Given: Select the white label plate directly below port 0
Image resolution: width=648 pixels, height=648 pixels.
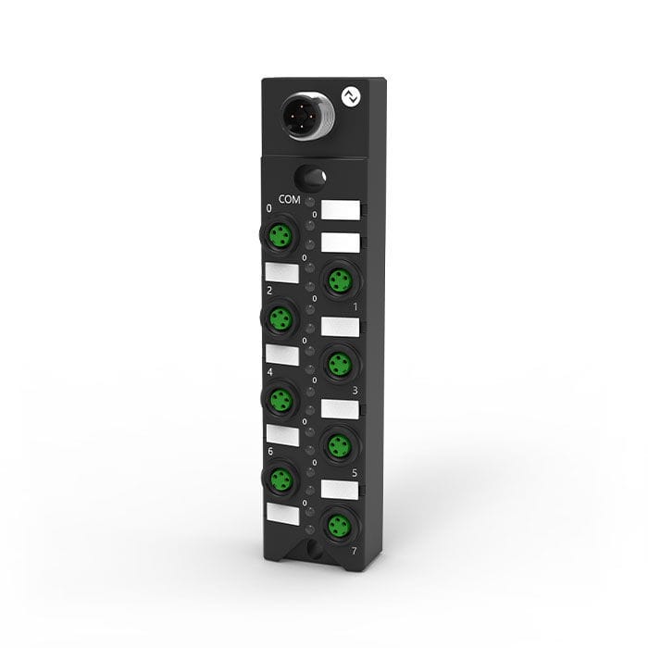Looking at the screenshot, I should (281, 272).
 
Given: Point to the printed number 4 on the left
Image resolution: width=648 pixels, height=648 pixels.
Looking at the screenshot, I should (268, 370).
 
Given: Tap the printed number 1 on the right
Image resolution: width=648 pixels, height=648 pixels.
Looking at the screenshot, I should (355, 305).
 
